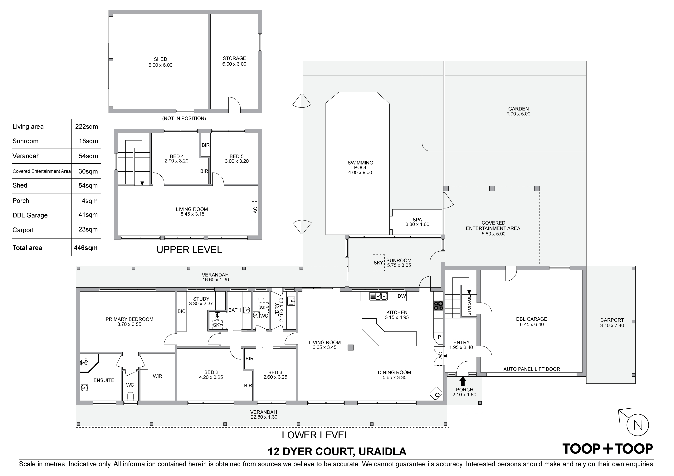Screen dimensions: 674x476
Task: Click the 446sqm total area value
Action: click(x=86, y=248)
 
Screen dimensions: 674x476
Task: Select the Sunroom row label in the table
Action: click(x=26, y=141)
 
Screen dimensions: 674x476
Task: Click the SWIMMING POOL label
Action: click(x=360, y=165)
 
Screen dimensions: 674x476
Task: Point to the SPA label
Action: click(x=417, y=220)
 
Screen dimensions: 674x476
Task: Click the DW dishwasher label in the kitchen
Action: click(x=402, y=296)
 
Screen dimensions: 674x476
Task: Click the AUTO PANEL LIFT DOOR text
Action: click(x=532, y=369)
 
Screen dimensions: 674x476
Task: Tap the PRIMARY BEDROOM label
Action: click(x=129, y=319)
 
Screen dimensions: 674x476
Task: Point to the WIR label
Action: click(x=157, y=376)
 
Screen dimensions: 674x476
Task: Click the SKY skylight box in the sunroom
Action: click(x=378, y=263)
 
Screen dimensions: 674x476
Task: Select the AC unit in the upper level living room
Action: click(x=255, y=210)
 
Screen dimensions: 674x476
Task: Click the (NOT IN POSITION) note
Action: click(x=184, y=118)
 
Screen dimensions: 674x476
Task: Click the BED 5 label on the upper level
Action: click(x=237, y=156)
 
